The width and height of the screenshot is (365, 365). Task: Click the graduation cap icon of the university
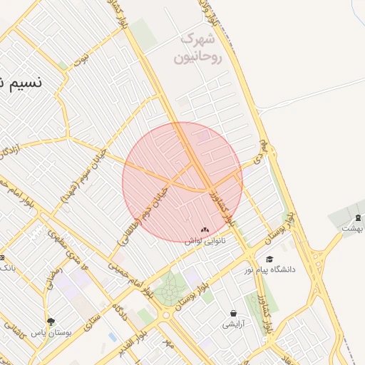tap(269, 259)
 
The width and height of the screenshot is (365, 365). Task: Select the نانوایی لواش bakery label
tap(205, 242)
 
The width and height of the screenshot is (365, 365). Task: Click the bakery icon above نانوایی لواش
tap(205, 230)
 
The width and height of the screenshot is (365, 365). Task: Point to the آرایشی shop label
tap(233, 324)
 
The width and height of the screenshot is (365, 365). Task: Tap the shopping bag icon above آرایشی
tap(233, 313)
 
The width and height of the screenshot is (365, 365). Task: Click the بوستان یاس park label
tap(51, 332)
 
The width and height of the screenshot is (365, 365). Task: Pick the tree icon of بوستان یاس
tap(51, 322)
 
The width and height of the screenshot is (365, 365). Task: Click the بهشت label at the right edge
tap(352, 229)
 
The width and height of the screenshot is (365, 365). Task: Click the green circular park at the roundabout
tap(170, 290)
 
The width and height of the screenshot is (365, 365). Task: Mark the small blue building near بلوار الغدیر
tap(113, 336)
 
